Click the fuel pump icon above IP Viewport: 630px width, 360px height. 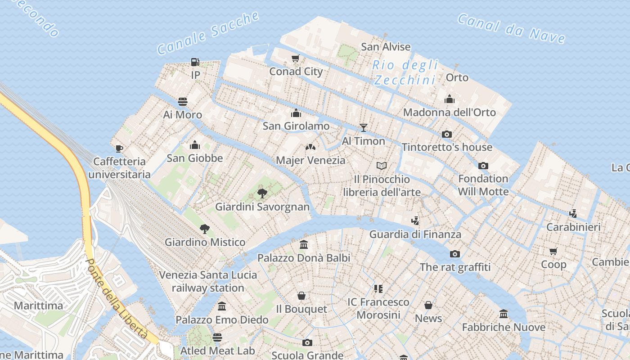pyautogui.click(x=195, y=62)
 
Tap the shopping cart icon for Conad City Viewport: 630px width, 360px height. pyautogui.click(x=296, y=58)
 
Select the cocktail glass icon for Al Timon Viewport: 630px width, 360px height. pyautogui.click(x=364, y=128)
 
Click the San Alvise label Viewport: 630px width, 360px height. pyautogui.click(x=386, y=47)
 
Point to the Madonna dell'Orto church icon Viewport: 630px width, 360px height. pyautogui.click(x=449, y=99)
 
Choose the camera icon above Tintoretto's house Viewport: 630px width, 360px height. pyautogui.click(x=447, y=134)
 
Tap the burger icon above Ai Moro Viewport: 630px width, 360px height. pyautogui.click(x=183, y=101)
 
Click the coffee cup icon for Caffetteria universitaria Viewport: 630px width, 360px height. pyautogui.click(x=119, y=148)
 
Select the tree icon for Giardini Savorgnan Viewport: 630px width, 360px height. pyautogui.click(x=262, y=193)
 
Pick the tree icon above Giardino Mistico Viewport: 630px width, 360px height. pyautogui.click(x=205, y=229)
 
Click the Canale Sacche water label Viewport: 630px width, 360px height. pyautogui.click(x=208, y=33)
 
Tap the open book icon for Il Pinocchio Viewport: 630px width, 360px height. pyautogui.click(x=382, y=166)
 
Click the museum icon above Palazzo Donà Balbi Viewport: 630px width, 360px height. pyautogui.click(x=304, y=245)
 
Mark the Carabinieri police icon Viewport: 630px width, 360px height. pyautogui.click(x=573, y=214)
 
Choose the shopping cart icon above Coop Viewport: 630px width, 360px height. pyautogui.click(x=553, y=251)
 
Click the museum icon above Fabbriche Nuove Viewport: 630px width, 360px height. pyautogui.click(x=504, y=314)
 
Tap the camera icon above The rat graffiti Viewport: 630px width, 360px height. pyautogui.click(x=455, y=254)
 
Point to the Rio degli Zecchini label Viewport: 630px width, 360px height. pyautogui.click(x=405, y=72)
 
